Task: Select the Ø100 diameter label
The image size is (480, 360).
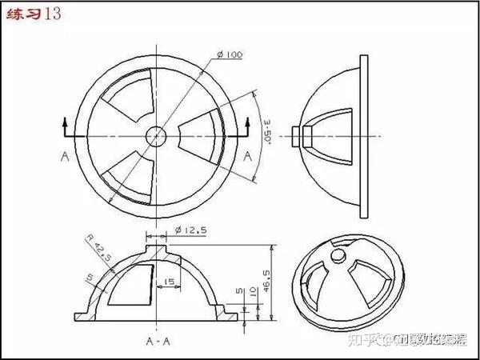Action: (x=229, y=54)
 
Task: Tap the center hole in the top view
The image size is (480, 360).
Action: (x=158, y=135)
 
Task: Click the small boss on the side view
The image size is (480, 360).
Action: (x=300, y=133)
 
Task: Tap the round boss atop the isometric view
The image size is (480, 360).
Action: (x=339, y=255)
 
